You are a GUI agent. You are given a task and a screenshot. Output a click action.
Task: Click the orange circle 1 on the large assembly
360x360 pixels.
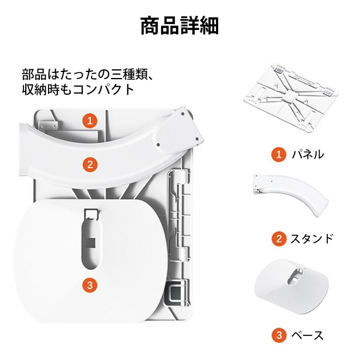pyautogui.click(x=90, y=120)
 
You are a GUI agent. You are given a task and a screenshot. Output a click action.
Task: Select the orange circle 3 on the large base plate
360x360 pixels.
pyautogui.click(x=90, y=285)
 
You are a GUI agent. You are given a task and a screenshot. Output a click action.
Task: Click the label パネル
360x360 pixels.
pyautogui.click(x=307, y=154)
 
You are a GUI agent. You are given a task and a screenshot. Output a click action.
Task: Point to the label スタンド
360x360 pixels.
pyautogui.click(x=311, y=239)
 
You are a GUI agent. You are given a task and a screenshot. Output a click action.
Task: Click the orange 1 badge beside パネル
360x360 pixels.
pyautogui.click(x=279, y=154)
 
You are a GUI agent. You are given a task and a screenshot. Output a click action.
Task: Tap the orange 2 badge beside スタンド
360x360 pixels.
pyautogui.click(x=279, y=239)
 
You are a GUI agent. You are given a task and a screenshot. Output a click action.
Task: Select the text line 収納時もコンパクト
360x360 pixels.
pyautogui.click(x=78, y=89)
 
